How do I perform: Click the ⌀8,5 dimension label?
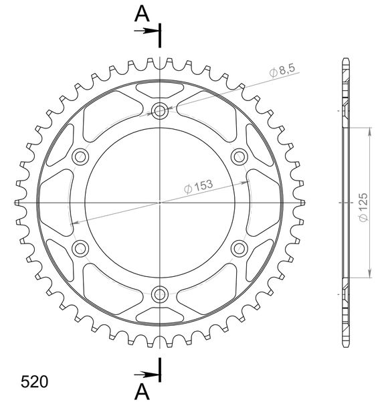(282, 70)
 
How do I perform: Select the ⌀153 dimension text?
(199, 187)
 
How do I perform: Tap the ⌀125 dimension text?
(363, 207)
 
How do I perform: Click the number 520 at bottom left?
(34, 382)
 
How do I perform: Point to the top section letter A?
(142, 14)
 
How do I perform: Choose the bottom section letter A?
(142, 392)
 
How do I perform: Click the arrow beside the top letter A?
(147, 31)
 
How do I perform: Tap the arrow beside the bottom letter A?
(147, 375)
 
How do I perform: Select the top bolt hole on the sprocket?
(160, 111)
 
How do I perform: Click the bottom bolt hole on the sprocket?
(160, 294)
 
